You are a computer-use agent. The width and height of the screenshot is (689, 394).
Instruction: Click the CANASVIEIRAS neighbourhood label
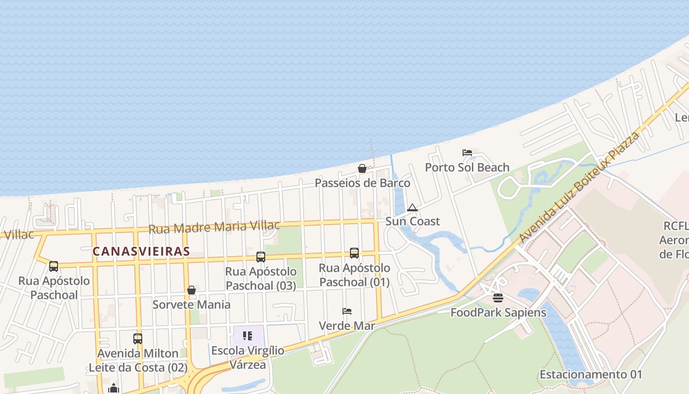coord(141,251)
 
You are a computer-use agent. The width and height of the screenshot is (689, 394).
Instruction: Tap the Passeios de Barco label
coord(362,183)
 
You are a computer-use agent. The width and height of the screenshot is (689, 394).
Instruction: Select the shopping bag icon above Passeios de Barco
coord(362,168)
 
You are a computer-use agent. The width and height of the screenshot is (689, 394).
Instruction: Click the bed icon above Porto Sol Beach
coord(467,153)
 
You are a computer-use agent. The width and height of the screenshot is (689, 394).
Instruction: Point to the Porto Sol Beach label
coord(467,167)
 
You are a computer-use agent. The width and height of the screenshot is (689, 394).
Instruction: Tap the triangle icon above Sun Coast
coord(412,207)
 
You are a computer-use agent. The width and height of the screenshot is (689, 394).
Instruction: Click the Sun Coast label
coord(412,221)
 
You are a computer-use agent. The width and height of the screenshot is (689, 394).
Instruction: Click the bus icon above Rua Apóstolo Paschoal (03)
coord(261,257)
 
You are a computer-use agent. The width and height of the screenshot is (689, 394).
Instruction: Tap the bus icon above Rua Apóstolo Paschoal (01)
coord(354,253)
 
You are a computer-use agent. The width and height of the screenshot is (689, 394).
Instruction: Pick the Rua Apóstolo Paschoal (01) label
coord(354,275)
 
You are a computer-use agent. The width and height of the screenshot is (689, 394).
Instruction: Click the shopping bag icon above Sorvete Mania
coord(191,290)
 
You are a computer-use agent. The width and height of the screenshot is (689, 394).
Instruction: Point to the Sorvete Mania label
coord(191,304)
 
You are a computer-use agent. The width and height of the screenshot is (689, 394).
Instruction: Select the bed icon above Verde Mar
coord(347,311)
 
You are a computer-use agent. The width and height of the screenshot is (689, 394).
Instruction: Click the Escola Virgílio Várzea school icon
coord(248,336)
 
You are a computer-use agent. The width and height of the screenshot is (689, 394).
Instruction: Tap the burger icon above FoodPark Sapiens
coord(498,298)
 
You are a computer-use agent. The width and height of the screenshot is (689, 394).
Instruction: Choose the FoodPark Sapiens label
coord(498,312)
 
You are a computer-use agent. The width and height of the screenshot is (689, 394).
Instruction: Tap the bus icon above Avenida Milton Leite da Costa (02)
coord(138,339)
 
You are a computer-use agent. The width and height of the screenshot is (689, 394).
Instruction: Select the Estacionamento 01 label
coord(591,374)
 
